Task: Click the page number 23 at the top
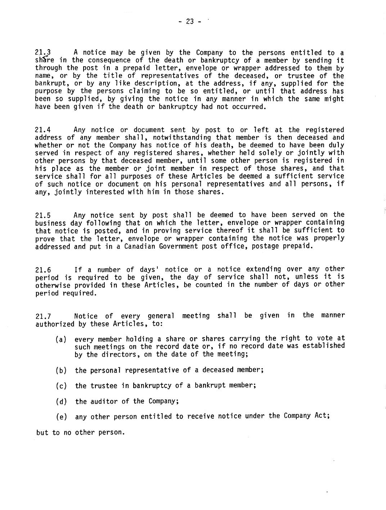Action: tap(190, 22)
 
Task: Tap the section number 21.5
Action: tap(43, 216)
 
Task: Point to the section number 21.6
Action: tap(43, 270)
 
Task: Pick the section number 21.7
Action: tap(43, 316)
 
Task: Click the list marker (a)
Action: tap(61, 339)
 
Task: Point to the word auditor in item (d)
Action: tap(104, 401)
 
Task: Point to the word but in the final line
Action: tap(42, 432)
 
